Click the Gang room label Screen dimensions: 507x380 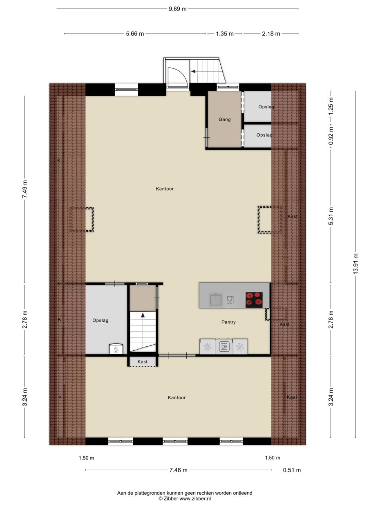[x=224, y=119]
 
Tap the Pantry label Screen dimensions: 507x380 [x=228, y=322]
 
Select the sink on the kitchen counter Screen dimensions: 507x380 [x=215, y=300]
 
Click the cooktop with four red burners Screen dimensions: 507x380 [x=254, y=300]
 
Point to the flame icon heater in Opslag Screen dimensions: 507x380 [x=115, y=350]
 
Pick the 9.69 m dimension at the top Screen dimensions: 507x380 [x=177, y=9]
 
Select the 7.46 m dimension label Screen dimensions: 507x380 [x=178, y=470]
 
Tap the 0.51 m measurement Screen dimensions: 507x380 [x=292, y=470]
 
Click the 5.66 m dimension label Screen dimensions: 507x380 [x=135, y=34]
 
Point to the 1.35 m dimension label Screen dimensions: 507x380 [x=225, y=34]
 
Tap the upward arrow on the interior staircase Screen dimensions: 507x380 [x=143, y=316]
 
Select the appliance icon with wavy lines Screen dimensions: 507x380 [x=224, y=347]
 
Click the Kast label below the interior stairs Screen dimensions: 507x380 [x=142, y=362]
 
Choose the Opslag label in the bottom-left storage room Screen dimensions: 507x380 [x=100, y=321]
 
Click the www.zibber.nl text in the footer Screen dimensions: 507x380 [x=195, y=499]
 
